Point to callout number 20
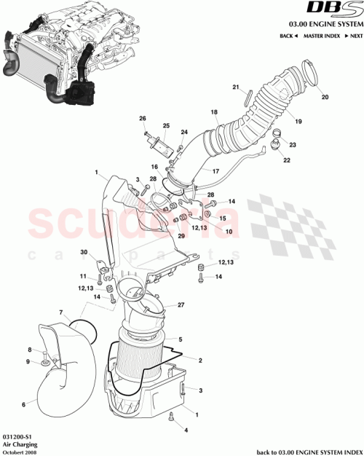(x=325, y=97)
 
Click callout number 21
(x=236, y=87)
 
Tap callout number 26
(x=143, y=119)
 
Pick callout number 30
(x=84, y=252)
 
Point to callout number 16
(x=154, y=167)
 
